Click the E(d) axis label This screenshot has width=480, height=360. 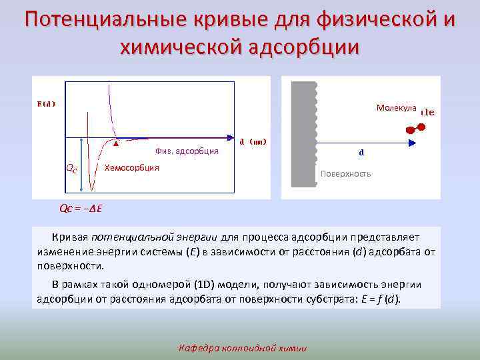(46, 103)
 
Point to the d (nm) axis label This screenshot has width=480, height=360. (253, 141)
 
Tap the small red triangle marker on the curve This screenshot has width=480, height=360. (116, 143)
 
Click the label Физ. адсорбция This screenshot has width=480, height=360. (187, 151)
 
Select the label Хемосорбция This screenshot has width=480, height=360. (132, 167)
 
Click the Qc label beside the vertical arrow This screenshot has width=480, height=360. (71, 169)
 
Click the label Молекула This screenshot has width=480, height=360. (396, 108)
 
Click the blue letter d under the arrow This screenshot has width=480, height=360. (361, 153)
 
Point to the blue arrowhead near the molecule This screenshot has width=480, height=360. (400, 142)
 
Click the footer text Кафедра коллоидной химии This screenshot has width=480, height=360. (243, 347)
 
